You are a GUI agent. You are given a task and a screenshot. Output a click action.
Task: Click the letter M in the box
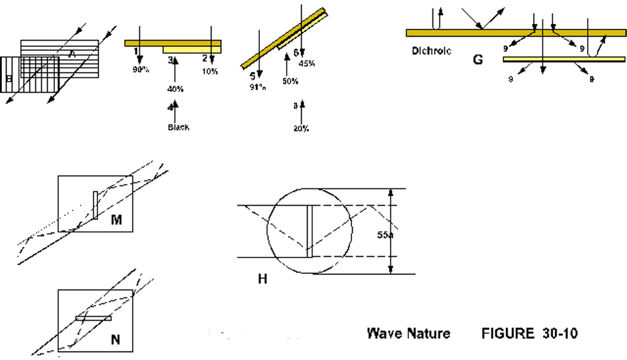[x=116, y=221]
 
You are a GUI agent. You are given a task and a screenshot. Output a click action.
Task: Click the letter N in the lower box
[x=115, y=339]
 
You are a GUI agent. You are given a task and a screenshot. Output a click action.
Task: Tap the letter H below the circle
[x=263, y=279]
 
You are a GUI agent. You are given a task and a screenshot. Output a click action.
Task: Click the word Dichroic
[x=432, y=50]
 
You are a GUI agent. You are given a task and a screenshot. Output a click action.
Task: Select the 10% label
[x=210, y=71]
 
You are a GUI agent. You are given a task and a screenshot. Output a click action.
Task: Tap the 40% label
[x=176, y=89]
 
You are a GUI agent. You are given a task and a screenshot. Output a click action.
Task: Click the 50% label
[x=290, y=82]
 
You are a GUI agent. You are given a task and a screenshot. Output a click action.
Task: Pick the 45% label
[x=307, y=63]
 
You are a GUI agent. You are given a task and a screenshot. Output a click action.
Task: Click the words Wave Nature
[x=408, y=334]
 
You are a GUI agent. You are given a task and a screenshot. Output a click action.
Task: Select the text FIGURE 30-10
[x=529, y=334]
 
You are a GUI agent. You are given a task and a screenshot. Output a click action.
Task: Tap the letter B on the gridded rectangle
[x=9, y=80]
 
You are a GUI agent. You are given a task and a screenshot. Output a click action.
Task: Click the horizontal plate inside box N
[x=93, y=318]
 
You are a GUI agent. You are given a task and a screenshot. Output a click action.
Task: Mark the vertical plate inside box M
[x=95, y=205]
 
